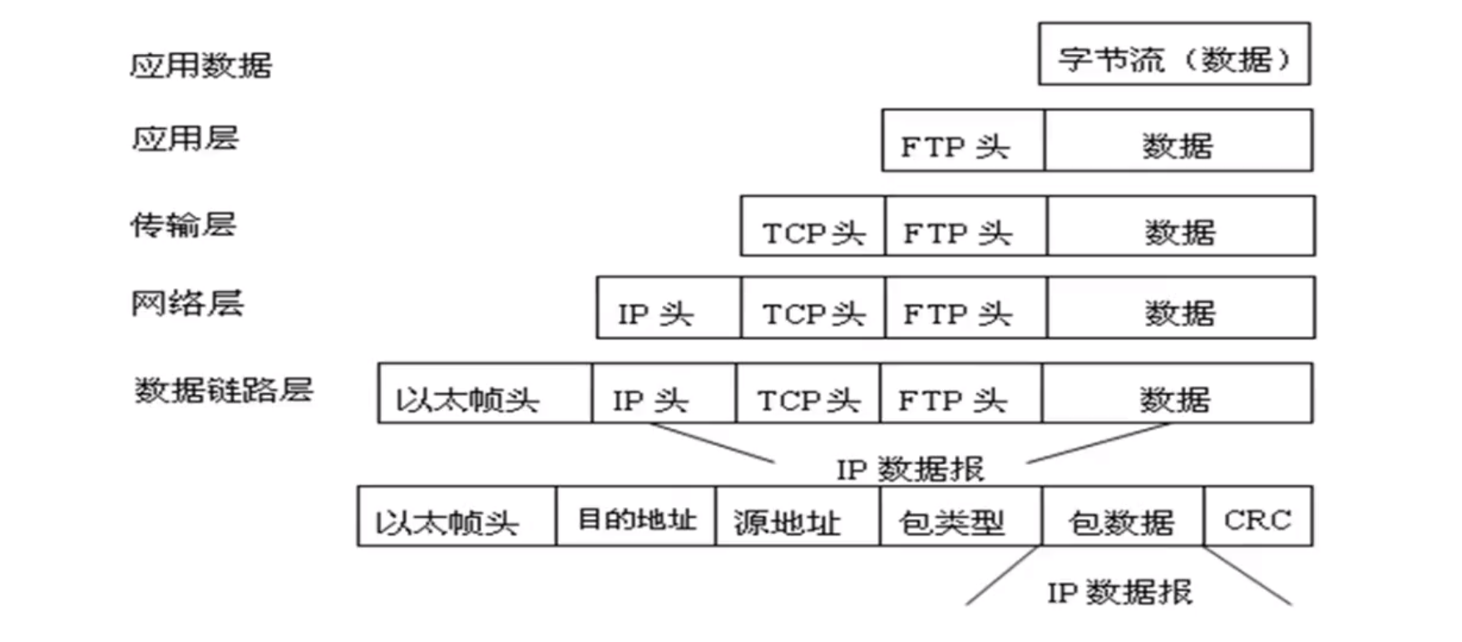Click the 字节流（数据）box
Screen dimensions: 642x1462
pos(1173,55)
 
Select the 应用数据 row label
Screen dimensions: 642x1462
pos(201,65)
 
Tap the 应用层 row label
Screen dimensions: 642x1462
pos(185,138)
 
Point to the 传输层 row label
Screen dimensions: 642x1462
pos(184,225)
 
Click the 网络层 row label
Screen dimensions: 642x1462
pos(187,303)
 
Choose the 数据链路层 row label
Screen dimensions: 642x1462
pos(224,389)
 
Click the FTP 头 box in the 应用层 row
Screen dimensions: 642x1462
pos(962,141)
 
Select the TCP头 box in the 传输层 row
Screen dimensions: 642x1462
pos(812,227)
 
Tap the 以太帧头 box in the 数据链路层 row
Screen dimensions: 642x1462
pos(484,394)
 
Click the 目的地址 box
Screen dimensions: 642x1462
pos(635,517)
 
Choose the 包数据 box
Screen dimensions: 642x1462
pos(1122,517)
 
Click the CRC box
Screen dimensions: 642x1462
pos(1257,517)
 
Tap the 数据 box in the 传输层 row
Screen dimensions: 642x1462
pos(1180,227)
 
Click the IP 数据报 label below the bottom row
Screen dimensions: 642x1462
pos(1119,592)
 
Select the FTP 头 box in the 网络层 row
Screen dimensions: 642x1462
pos(966,309)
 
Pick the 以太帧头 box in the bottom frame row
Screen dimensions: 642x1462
pos(456,517)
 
